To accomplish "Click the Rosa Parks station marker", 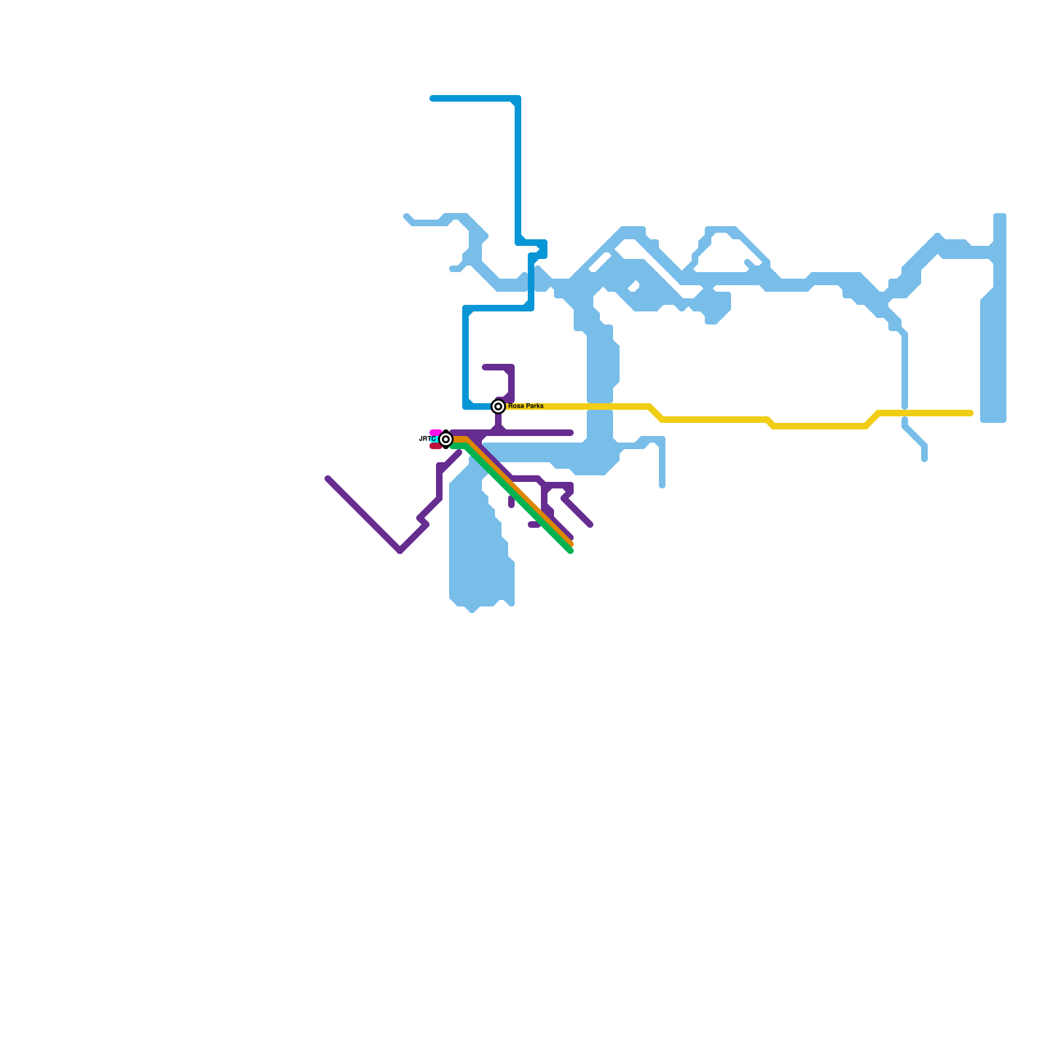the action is click(x=498, y=406).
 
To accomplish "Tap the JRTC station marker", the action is click(x=446, y=439).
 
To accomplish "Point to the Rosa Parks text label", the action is click(x=526, y=406).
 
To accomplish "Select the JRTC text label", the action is click(x=427, y=439).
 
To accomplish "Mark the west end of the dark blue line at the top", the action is click(x=433, y=98).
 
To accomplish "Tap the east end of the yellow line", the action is click(x=970, y=413).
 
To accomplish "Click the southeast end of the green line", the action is click(x=570, y=551).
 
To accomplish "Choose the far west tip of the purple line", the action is click(x=328, y=479).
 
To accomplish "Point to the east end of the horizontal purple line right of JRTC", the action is click(x=571, y=433).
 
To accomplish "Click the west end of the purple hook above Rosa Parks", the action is click(x=485, y=367).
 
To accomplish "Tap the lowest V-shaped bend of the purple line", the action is click(x=400, y=550).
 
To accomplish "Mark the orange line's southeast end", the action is click(x=571, y=544).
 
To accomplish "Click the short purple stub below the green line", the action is click(x=511, y=502).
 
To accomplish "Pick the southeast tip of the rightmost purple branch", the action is click(x=590, y=524).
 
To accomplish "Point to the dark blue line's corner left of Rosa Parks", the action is click(x=466, y=406).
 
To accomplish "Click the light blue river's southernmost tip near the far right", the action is click(x=924, y=459).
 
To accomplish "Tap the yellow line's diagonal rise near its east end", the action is click(x=872, y=420).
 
